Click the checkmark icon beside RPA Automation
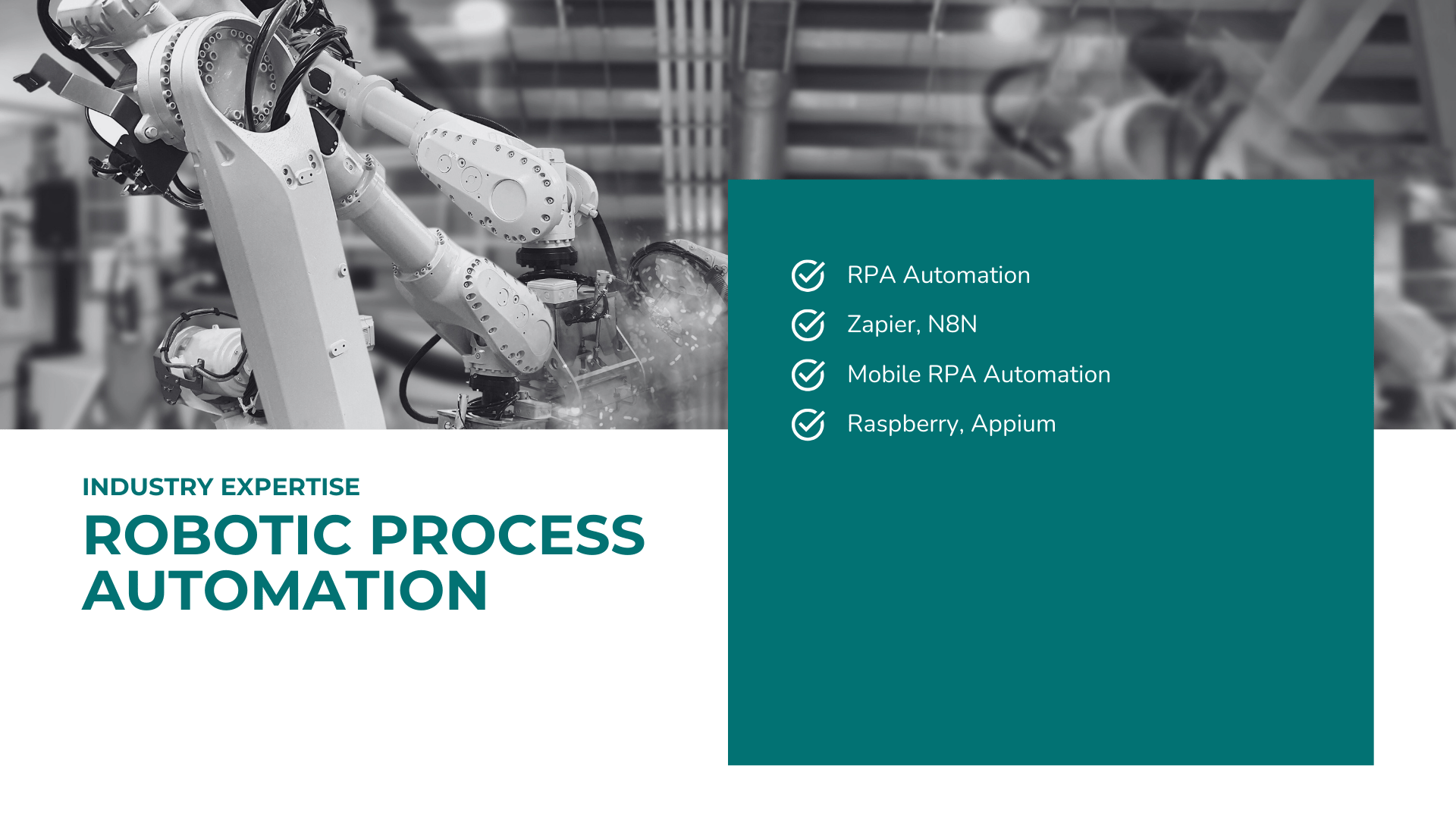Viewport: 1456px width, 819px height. click(808, 275)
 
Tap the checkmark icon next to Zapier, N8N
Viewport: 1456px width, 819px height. click(808, 325)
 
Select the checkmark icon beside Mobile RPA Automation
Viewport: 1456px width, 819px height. click(808, 375)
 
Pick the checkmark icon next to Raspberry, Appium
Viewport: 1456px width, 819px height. click(808, 425)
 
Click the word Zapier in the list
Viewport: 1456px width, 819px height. click(881, 325)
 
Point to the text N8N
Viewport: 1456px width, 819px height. click(952, 325)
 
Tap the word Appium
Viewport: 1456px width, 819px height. click(1013, 425)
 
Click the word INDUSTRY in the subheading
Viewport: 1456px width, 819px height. click(148, 487)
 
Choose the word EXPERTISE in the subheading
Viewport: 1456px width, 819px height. click(290, 487)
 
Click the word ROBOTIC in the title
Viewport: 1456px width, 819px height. click(218, 535)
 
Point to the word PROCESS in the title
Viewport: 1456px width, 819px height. click(507, 535)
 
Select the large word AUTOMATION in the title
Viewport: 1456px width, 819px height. click(285, 591)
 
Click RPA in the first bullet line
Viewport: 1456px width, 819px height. click(871, 275)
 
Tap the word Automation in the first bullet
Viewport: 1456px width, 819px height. click(967, 275)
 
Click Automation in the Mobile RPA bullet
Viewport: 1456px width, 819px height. click(1047, 375)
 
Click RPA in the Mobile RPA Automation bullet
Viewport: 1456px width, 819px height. click(952, 375)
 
